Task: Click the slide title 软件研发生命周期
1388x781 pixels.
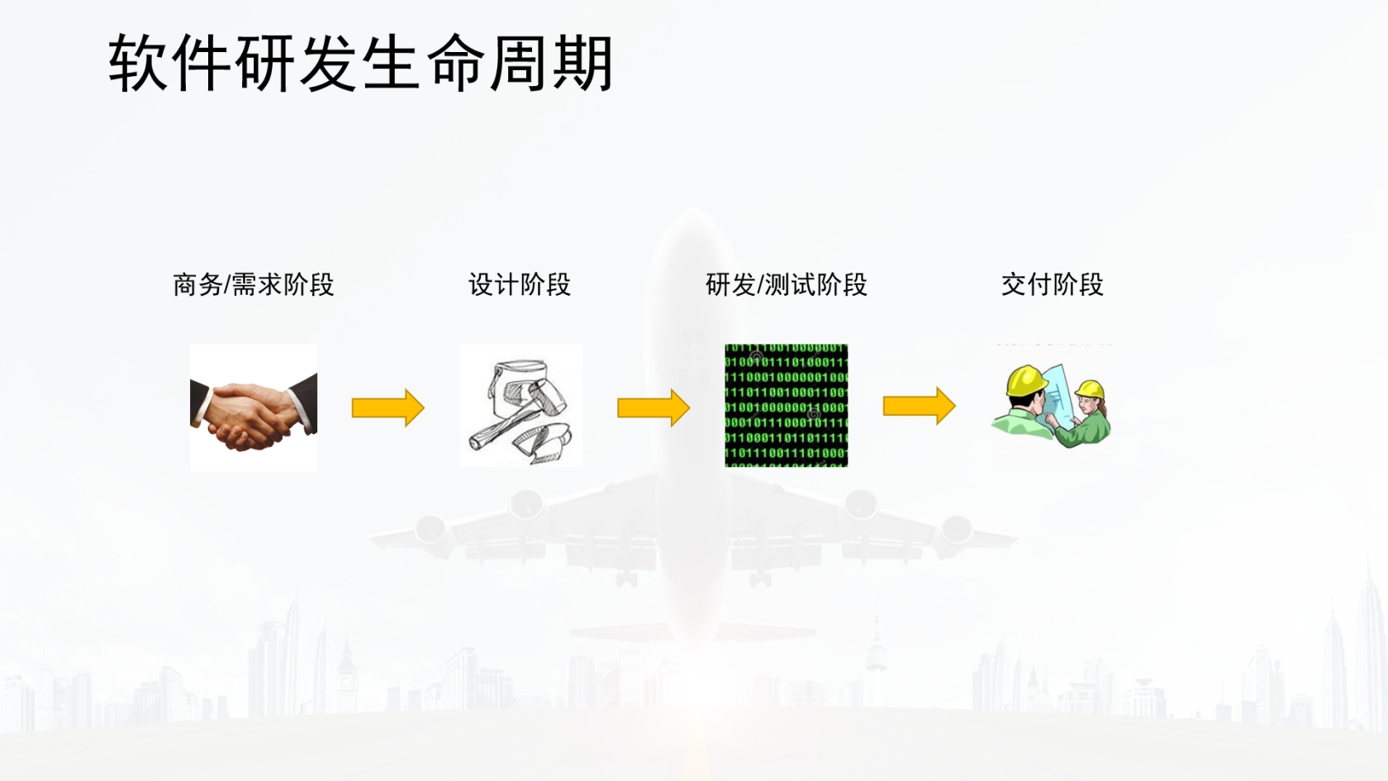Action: (x=360, y=63)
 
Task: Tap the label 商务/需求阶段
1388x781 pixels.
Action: (x=254, y=285)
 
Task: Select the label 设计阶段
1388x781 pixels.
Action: (x=519, y=285)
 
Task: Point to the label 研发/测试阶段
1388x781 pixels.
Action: (x=786, y=285)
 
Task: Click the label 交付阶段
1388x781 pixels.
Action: (x=1053, y=285)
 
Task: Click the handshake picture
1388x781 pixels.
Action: (x=254, y=408)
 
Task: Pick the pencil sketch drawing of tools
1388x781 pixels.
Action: (x=520, y=406)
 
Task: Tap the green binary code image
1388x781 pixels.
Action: (x=787, y=406)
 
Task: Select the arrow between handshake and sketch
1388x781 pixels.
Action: (x=388, y=408)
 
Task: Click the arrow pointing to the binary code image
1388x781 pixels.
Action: (x=654, y=408)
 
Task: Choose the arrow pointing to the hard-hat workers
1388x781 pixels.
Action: (x=920, y=406)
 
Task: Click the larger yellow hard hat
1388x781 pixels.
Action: (x=1026, y=380)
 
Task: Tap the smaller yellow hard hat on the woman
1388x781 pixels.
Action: (x=1090, y=389)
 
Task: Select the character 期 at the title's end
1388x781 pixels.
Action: (x=582, y=63)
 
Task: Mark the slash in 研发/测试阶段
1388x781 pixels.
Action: (x=760, y=285)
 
